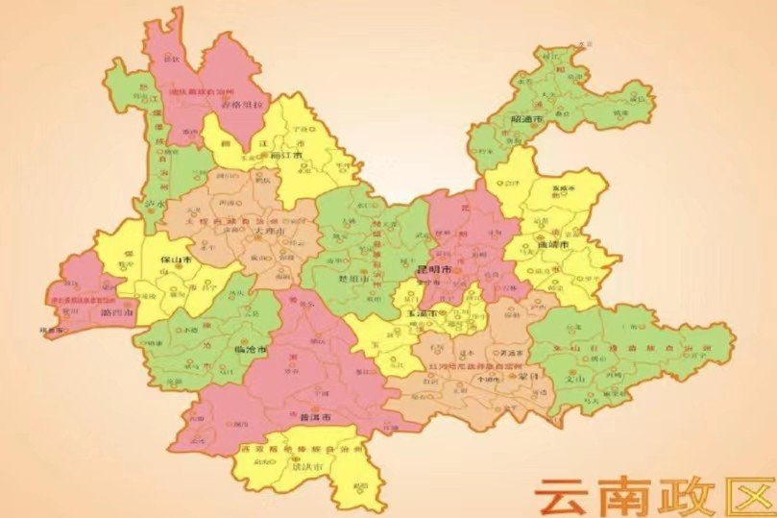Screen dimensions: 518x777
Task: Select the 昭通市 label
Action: [x=528, y=119]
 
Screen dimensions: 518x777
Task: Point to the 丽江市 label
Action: [x=287, y=154]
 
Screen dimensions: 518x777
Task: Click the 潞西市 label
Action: [x=127, y=314]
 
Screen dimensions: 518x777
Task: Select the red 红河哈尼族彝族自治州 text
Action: [x=471, y=367]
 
